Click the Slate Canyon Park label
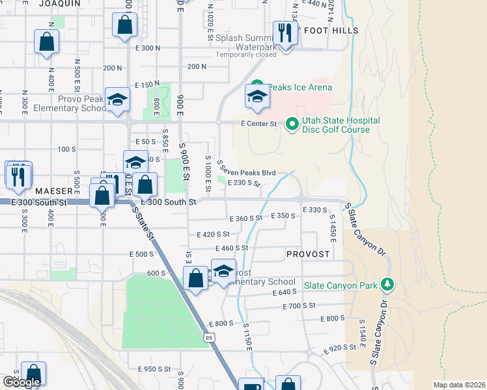(x=342, y=284)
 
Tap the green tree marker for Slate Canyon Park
(x=387, y=283)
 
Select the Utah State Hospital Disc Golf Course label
(x=335, y=125)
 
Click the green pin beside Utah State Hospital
(x=292, y=123)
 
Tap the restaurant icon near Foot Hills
(x=285, y=32)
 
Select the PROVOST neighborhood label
(x=308, y=254)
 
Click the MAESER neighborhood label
(x=52, y=191)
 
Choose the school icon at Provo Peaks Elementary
(x=118, y=99)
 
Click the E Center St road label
(x=258, y=123)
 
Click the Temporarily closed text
(x=246, y=55)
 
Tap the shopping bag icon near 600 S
(x=195, y=278)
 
